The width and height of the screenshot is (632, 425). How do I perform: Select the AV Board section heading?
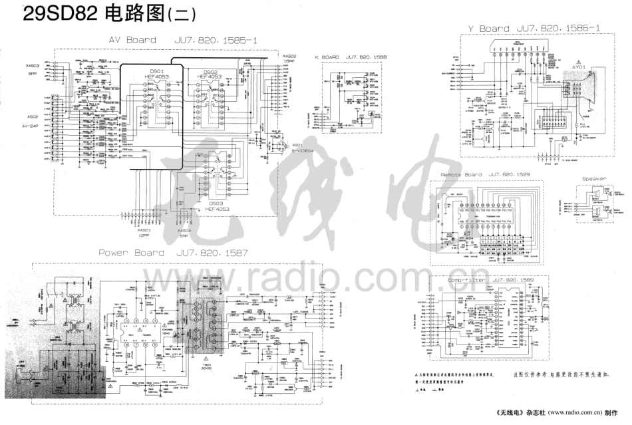click(132, 40)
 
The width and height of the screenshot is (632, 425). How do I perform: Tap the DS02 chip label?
click(210, 72)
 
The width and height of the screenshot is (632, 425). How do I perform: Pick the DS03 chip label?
click(216, 203)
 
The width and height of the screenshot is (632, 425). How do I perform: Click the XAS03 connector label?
click(32, 66)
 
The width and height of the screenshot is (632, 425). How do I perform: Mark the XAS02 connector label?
click(289, 56)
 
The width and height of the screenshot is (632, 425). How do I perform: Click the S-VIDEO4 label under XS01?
click(288, 151)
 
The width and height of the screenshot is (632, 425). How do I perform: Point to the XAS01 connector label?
click(144, 230)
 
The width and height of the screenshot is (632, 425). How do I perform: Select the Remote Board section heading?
click(461, 174)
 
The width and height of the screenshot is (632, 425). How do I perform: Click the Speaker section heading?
click(593, 179)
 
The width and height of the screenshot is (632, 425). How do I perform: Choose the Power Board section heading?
click(131, 253)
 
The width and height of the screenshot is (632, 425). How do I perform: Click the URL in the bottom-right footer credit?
click(571, 412)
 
